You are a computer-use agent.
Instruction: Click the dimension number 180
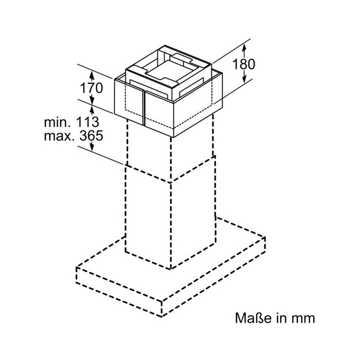click(244, 64)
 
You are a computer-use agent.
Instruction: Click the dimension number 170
click(91, 88)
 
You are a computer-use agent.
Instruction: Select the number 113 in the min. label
click(87, 122)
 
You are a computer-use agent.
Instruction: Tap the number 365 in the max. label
click(91, 136)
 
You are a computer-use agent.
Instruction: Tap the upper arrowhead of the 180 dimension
click(244, 48)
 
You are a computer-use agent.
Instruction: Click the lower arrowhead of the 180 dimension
click(244, 79)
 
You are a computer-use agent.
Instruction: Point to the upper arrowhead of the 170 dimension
click(92, 75)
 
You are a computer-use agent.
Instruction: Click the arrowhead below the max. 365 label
click(92, 147)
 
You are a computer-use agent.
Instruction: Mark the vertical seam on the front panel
click(145, 108)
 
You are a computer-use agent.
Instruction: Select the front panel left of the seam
click(129, 102)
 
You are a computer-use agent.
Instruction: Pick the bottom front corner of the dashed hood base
click(162, 317)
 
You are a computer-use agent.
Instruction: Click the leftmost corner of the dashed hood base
click(77, 267)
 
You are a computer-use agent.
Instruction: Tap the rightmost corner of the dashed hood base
click(265, 237)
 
